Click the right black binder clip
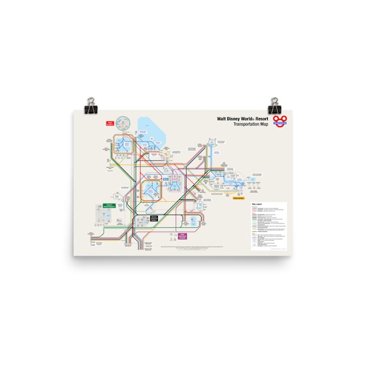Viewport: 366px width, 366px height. click(x=275, y=106)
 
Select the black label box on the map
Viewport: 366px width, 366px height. click(x=154, y=218)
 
